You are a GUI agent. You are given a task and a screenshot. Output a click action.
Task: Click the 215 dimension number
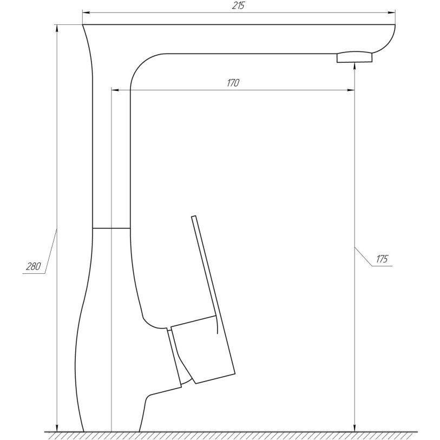click(239, 5)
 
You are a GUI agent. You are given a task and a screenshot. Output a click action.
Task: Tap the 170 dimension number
click(233, 83)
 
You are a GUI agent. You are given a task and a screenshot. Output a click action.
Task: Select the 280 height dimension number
click(34, 266)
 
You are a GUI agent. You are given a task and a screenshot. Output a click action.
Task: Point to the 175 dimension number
click(382, 259)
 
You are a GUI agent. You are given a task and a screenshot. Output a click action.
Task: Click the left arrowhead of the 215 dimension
click(86, 12)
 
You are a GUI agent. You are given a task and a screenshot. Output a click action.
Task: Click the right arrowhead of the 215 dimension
click(391, 12)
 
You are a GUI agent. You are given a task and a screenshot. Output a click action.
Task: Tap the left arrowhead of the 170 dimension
click(115, 90)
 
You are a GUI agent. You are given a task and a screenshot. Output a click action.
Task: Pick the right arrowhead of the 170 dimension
click(351, 90)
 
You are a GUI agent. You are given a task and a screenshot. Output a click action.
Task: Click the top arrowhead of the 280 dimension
click(57, 29)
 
